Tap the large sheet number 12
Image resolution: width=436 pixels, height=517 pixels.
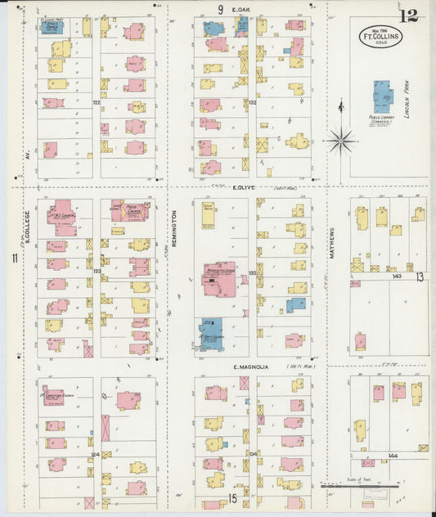(x=411, y=16)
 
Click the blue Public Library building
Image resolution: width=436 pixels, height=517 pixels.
(x=382, y=97)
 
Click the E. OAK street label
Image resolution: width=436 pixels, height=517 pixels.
(x=240, y=10)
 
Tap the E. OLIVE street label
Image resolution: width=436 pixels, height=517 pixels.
(x=245, y=187)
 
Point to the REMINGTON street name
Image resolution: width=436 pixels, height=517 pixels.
(x=175, y=221)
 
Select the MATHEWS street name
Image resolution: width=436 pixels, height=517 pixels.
(x=332, y=243)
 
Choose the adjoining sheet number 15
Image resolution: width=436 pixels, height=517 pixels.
(x=233, y=497)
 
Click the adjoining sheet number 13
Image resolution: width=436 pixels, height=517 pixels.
(x=420, y=276)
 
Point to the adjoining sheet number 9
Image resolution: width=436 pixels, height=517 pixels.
(x=220, y=10)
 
